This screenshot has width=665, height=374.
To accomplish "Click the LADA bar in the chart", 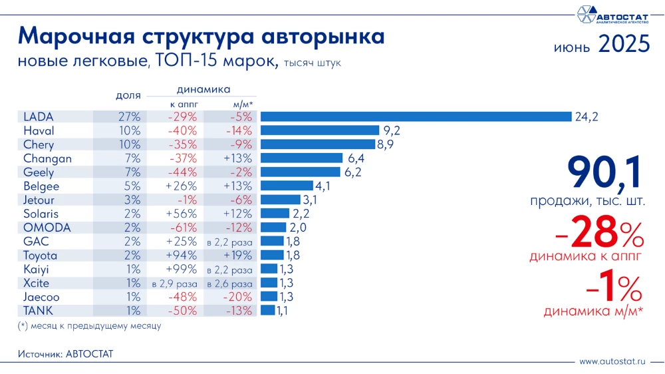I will click(x=416, y=116).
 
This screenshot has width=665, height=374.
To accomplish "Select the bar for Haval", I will click(x=320, y=130).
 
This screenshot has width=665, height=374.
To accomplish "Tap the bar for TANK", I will click(x=267, y=310).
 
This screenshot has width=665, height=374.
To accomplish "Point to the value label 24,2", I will click(x=587, y=116).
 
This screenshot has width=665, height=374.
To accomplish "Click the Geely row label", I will click(x=38, y=172).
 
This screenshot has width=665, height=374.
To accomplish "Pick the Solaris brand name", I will click(x=41, y=214).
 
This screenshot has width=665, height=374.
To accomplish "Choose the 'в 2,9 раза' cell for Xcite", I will click(x=174, y=283).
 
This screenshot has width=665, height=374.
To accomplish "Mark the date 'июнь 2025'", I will click(x=600, y=45).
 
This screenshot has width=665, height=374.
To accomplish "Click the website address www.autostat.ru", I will click(x=612, y=361).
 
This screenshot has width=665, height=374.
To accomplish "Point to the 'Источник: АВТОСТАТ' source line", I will click(x=65, y=354).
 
